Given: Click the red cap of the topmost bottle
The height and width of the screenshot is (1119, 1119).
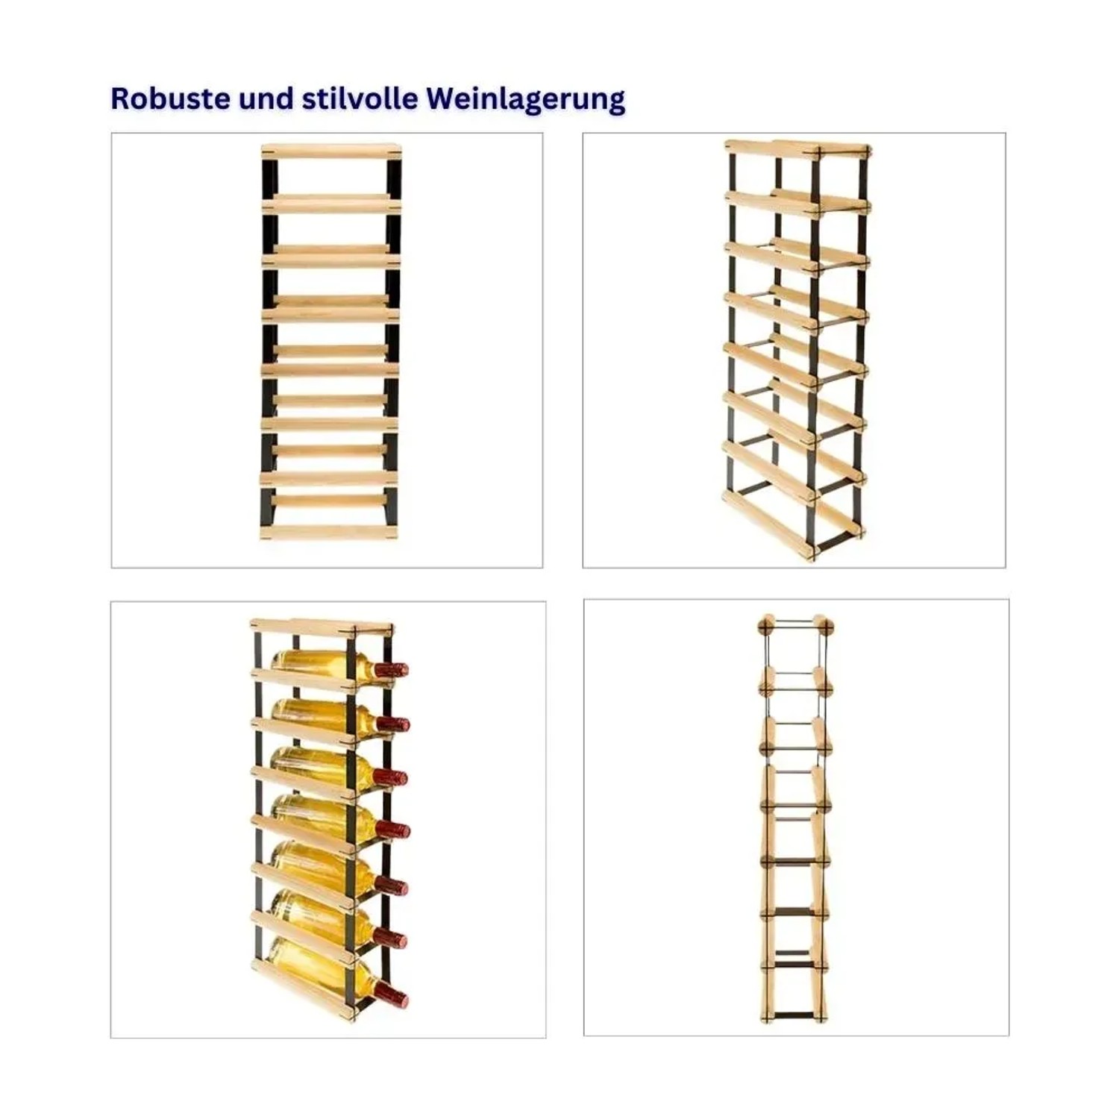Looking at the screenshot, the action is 391,669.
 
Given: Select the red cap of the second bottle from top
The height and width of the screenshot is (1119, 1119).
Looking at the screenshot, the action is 392,723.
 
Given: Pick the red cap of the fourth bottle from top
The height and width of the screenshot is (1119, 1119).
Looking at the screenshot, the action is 392,830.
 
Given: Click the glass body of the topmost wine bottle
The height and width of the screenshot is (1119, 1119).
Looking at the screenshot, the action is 322,664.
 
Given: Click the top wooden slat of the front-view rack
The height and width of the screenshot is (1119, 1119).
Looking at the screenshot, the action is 331,151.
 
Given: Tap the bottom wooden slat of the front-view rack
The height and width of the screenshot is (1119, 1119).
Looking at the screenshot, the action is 328,532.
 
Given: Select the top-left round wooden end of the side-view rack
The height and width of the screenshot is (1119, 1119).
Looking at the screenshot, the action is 766,625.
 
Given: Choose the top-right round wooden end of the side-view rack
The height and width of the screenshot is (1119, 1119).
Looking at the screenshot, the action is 824,625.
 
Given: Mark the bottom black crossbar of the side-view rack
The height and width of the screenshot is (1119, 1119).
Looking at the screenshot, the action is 794,1016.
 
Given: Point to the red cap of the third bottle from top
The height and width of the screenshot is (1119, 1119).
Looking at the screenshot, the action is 392,777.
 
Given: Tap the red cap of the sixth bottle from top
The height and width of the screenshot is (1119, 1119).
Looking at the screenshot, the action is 391,938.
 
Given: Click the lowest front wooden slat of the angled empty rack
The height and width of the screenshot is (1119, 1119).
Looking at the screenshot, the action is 768,524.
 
